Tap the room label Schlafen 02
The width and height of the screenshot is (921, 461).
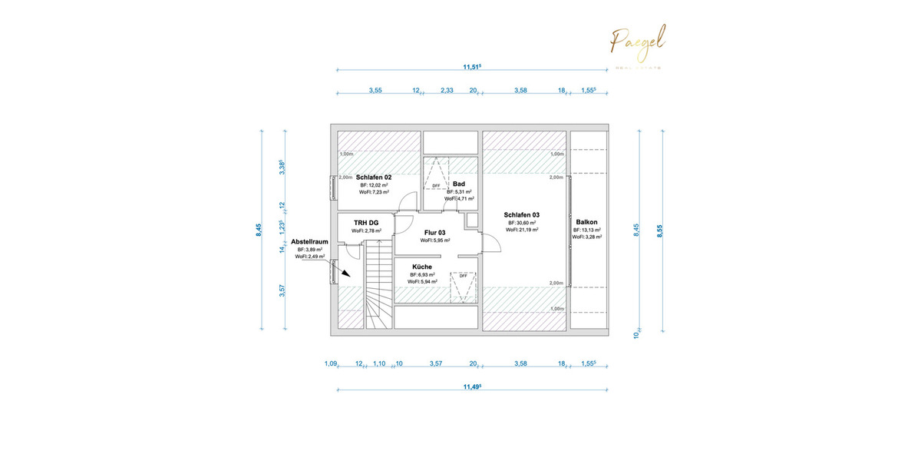pos(374,177)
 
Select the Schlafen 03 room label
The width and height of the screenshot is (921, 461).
pos(522,214)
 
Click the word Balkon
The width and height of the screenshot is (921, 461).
pos(586,221)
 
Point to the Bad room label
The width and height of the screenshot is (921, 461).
pos(459,184)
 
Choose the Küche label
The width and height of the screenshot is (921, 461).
pos(422,267)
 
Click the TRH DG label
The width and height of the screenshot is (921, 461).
pos(367,221)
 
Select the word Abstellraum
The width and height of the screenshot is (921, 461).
pos(310,241)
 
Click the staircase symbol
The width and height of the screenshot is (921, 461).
pos(377,284)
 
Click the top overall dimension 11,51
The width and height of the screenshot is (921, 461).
pos(472,67)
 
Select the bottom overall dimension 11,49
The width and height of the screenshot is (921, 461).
pos(472,387)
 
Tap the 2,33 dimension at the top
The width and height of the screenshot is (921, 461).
pos(447,91)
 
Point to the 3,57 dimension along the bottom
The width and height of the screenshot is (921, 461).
pos(436,363)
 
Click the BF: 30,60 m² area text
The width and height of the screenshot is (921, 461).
pos(522,222)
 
